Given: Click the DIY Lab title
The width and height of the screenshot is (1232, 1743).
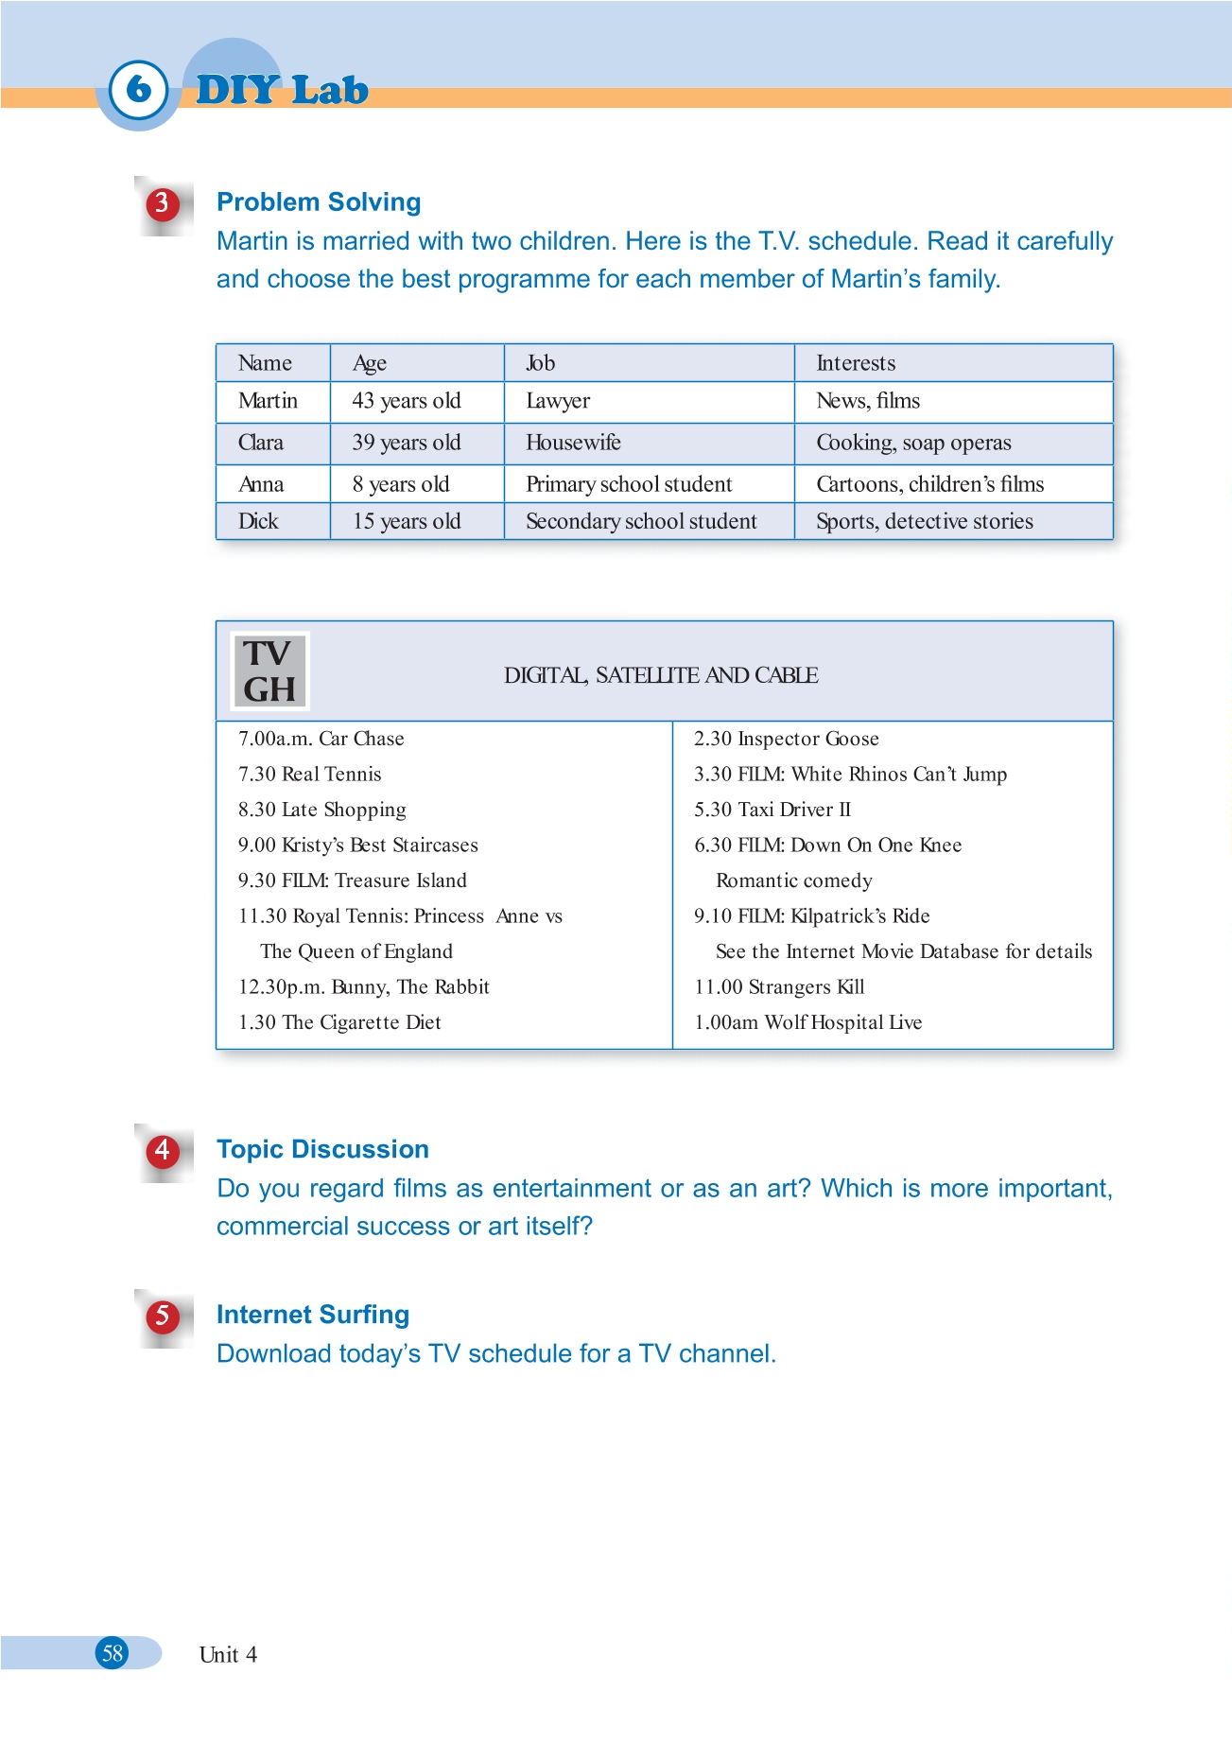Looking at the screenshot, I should tap(282, 90).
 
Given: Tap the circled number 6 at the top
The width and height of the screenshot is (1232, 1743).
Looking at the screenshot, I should tap(138, 89).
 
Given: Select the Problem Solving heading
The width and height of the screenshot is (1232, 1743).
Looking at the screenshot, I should tap(319, 202).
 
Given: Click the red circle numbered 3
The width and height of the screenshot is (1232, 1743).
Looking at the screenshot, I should tap(163, 203).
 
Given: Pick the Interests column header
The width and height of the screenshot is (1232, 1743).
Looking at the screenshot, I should tap(856, 363).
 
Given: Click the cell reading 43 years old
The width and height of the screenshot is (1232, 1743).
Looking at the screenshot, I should tap(407, 401).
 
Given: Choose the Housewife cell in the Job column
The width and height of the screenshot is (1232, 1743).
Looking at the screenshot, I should tap(573, 443).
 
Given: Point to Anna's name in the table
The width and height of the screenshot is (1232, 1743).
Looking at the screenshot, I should tap(261, 484).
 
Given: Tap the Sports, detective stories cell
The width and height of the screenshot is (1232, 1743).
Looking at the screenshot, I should tap(924, 521).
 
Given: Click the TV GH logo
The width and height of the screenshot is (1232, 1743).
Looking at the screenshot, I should tap(269, 671).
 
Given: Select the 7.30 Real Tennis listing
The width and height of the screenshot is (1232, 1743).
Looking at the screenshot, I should tap(310, 774).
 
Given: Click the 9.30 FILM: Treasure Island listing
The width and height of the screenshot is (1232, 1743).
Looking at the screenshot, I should tap(353, 880).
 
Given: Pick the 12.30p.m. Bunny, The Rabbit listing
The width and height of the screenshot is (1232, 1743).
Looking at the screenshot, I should tap(364, 986).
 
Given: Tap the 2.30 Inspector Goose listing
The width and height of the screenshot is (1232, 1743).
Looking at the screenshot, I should tap(786, 739).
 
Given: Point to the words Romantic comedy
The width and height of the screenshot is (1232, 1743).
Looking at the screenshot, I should tap(793, 880).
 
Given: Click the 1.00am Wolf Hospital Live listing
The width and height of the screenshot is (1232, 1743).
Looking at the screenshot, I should tap(807, 1022).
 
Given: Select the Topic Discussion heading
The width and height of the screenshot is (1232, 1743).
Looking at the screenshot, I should tap(322, 1149).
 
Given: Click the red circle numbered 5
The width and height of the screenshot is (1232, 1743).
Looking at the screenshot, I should tap(163, 1316).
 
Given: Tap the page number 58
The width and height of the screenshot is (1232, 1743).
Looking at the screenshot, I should tap(113, 1653).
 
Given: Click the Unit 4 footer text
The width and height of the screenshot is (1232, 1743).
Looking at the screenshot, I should tap(228, 1654).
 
